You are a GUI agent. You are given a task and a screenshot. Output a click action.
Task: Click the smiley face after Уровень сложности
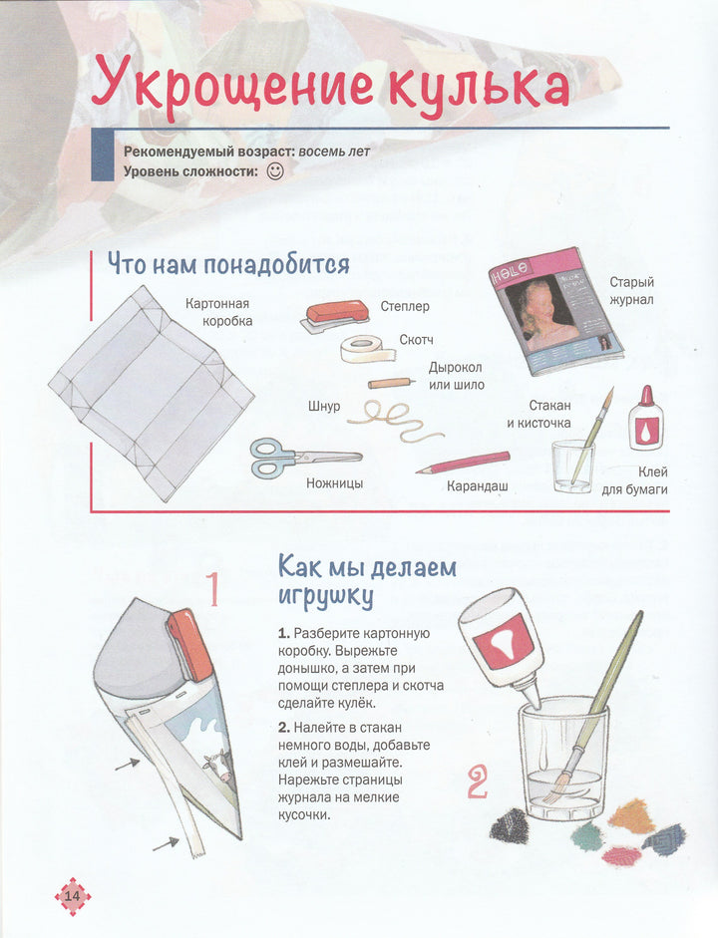coord(275,171)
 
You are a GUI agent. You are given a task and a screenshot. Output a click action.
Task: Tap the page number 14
coord(73,896)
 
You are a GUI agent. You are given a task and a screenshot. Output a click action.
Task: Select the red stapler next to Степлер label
coord(336,315)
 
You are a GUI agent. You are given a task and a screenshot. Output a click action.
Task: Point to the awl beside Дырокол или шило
coord(391,382)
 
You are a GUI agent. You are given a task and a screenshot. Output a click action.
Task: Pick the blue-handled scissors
coord(305,458)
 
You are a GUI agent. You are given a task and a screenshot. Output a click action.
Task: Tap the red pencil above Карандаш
coord(463,463)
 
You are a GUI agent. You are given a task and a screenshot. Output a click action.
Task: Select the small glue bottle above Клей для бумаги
coord(645,418)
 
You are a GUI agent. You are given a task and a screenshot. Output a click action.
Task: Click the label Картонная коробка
coord(218,312)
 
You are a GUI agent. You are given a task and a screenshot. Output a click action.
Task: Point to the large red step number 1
coord(212,590)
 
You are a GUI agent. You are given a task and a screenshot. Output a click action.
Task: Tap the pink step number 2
coord(477,783)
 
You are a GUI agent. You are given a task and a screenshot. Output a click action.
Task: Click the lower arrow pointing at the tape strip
coord(166,844)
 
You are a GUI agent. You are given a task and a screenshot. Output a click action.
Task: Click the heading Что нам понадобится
coord(228,264)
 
